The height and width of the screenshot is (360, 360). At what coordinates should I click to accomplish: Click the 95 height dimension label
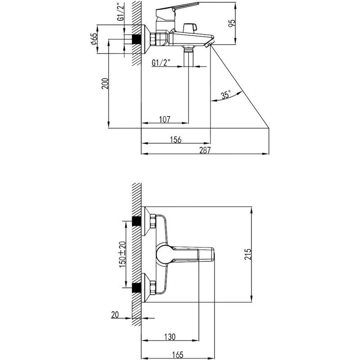click(232, 23)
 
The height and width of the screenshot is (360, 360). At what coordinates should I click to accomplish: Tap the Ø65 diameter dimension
click(94, 39)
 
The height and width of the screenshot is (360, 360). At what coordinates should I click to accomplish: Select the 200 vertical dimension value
click(105, 84)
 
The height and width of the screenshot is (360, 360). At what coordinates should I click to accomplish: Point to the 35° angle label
click(226, 95)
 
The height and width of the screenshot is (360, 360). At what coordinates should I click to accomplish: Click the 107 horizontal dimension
click(165, 119)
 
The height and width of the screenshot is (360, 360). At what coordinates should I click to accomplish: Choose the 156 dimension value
click(175, 139)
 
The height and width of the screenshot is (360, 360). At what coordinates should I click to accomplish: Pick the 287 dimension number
click(205, 150)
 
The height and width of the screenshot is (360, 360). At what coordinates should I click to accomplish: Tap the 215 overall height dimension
click(248, 254)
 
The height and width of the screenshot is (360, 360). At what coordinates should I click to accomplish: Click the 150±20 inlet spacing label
click(122, 254)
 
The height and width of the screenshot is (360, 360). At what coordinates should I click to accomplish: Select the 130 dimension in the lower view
click(170, 337)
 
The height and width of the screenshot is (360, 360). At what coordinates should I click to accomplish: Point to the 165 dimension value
click(178, 355)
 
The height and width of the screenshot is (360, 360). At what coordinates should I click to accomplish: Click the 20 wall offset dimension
click(115, 315)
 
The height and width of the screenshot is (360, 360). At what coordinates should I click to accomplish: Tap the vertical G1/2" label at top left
click(121, 12)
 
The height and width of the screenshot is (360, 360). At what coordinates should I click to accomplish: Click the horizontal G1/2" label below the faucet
click(161, 63)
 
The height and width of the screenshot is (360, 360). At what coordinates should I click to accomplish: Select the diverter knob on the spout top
click(190, 27)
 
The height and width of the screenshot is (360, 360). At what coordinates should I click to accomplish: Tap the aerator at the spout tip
click(209, 43)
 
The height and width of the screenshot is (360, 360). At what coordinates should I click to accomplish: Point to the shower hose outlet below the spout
click(189, 55)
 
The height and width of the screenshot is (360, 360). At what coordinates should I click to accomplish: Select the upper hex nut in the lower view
click(153, 221)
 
